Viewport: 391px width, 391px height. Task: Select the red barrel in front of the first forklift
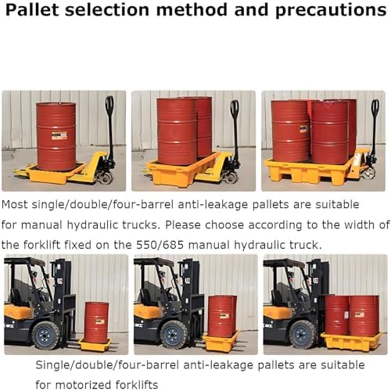tap(96, 321)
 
